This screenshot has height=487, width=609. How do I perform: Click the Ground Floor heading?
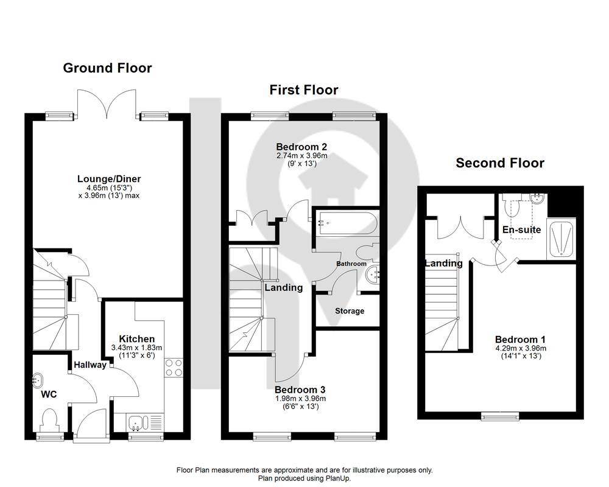tap(107, 68)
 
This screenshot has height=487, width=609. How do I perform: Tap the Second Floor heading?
tap(500, 163)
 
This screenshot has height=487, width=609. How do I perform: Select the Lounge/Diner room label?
tap(109, 179)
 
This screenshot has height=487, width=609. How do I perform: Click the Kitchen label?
tap(136, 339)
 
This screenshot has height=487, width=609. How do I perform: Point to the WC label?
tap(49, 394)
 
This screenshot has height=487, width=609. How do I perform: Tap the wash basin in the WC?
tap(37, 380)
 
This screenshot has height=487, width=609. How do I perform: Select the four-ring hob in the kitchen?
tap(174, 368)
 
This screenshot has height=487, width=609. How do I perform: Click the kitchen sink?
tap(136, 423)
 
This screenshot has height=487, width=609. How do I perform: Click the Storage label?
tap(350, 311)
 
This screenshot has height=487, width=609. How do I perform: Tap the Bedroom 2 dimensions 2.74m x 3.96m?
tap(301, 156)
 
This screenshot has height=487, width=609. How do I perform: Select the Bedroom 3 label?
tap(300, 390)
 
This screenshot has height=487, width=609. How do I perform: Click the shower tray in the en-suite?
tap(561, 239)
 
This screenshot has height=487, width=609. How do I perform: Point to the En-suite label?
tap(521, 230)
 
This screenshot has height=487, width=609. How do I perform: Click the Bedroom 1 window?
tap(500, 416)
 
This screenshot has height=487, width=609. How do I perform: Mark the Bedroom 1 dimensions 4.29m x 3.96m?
tap(521, 348)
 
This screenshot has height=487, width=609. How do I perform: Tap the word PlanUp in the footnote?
tap(337, 478)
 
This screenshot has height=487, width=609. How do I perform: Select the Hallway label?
tap(90, 365)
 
